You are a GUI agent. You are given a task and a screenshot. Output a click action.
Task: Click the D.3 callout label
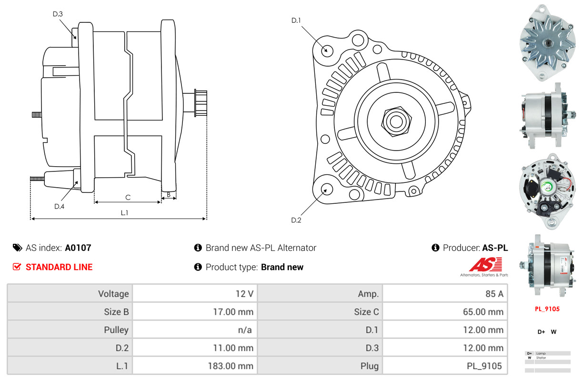tap(58, 14)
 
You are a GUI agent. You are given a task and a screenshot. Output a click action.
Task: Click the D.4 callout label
tap(59, 206)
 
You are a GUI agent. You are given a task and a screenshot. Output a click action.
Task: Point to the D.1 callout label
tap(296, 20)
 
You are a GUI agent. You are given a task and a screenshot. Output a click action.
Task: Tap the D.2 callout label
tap(296, 220)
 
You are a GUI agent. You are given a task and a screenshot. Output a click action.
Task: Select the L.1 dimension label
tap(124, 213)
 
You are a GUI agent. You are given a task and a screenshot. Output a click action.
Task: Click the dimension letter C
tap(128, 197)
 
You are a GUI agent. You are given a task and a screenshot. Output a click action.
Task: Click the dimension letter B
tap(169, 194)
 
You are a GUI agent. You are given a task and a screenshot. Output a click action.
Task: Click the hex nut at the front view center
tap(395, 120)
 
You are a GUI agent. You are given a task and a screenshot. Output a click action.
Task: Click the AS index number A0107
tap(78, 248)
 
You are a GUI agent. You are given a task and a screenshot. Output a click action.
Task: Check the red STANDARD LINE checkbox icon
tap(17, 267)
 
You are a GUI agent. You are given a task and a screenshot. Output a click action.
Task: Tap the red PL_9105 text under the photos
tap(547, 309)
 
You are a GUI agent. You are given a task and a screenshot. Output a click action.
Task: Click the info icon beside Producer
tap(435, 248)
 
